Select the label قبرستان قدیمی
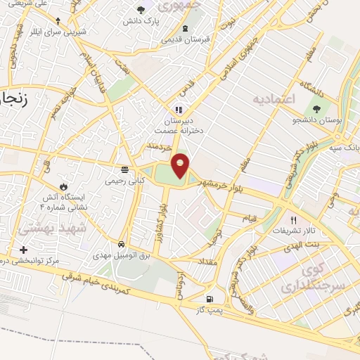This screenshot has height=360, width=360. [185, 39]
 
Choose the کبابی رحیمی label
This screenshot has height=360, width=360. [124, 181]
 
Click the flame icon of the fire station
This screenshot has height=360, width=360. [63, 187]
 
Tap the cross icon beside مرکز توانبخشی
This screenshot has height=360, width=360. [24, 250]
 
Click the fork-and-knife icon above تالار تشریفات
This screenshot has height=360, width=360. [293, 219]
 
